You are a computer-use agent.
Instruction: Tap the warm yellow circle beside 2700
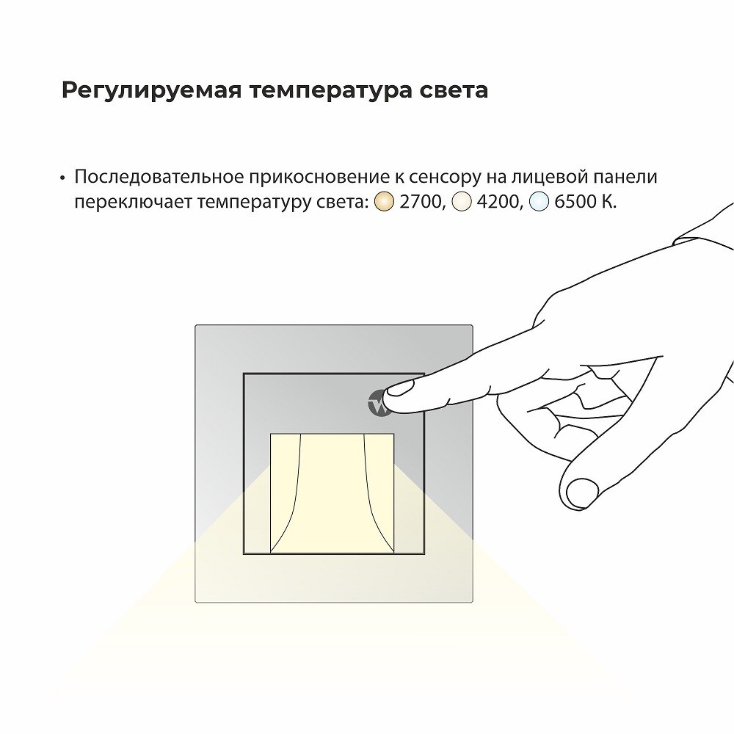(x=384, y=202)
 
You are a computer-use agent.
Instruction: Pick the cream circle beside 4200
(x=461, y=202)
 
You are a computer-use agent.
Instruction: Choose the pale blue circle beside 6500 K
(x=539, y=202)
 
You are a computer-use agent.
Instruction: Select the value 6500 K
(x=586, y=202)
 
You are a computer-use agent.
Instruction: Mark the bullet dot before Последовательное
(x=62, y=178)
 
